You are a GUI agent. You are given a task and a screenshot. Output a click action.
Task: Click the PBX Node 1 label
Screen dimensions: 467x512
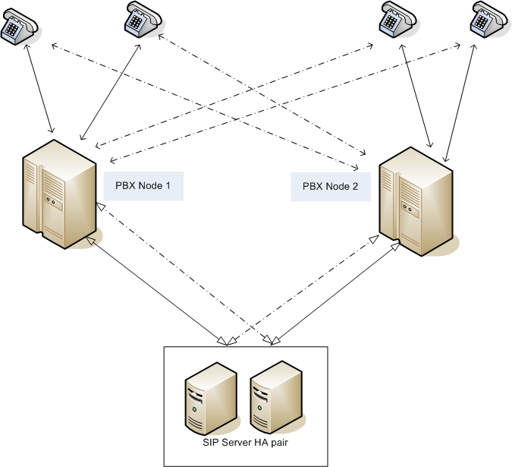(144, 185)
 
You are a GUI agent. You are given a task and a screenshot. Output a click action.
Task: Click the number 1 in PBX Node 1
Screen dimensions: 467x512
(171, 185)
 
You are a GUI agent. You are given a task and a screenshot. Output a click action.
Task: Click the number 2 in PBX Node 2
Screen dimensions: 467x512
(356, 185)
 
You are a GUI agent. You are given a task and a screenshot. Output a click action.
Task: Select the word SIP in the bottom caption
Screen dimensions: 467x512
(209, 443)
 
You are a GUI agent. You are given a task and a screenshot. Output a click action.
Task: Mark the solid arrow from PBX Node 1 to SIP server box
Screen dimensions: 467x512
(155, 288)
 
